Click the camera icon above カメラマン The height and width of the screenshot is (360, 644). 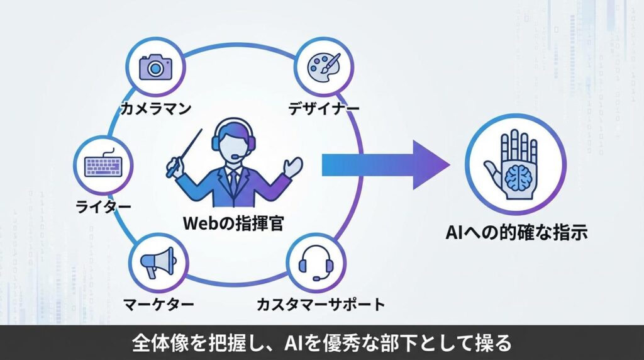coord(155,66)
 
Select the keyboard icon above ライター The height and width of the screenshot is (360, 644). coord(102,166)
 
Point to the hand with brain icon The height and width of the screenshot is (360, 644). coord(516,162)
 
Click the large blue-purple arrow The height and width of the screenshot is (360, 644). coord(386,165)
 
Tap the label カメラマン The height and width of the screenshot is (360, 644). coord(155,109)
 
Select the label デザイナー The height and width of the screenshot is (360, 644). coord(324,108)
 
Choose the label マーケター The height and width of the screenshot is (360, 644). coord(157,305)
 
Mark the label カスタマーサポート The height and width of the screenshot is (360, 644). coord(321,305)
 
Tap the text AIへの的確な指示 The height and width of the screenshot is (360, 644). coord(516,232)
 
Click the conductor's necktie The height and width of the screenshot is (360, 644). coord(233,182)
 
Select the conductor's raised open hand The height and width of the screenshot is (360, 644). coord(292,166)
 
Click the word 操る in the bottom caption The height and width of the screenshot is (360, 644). coord(495,343)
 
